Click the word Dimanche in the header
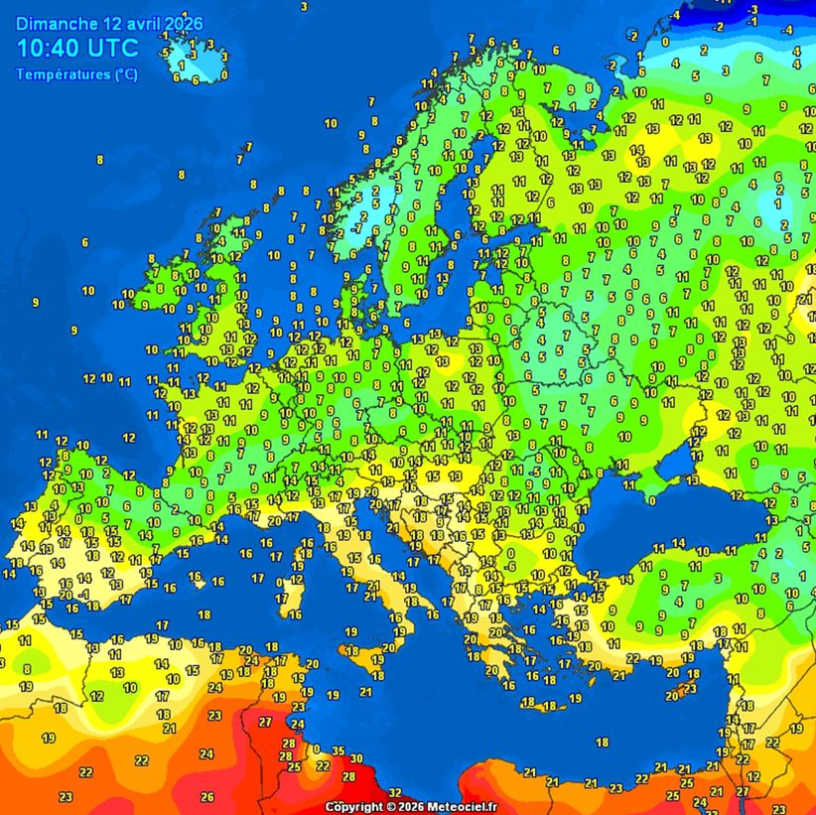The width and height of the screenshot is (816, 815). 58,23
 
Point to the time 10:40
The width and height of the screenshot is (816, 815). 50,48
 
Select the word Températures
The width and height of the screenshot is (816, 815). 64,74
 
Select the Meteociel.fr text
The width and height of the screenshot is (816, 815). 469,807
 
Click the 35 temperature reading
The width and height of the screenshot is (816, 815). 339,751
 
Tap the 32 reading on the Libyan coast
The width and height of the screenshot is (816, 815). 394,791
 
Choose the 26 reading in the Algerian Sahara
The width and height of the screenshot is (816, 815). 206,796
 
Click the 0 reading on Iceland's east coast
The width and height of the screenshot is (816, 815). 224,74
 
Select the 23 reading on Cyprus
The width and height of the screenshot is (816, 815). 690,688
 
